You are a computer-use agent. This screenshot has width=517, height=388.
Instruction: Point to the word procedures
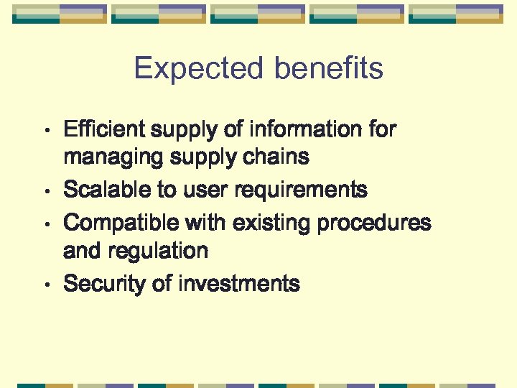coord(374,223)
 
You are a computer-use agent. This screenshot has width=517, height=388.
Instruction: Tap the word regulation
coord(157,251)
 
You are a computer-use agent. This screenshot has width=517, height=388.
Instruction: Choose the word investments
coord(238,284)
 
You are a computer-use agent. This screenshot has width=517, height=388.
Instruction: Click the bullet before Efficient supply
coord(47,131)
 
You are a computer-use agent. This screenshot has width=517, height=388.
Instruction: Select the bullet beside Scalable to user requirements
coord(47,191)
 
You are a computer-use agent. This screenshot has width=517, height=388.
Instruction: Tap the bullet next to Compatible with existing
coord(47,224)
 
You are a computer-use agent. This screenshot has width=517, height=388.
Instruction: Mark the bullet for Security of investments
coord(47,285)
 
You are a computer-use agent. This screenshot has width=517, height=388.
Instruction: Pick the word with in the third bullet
coord(205,223)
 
